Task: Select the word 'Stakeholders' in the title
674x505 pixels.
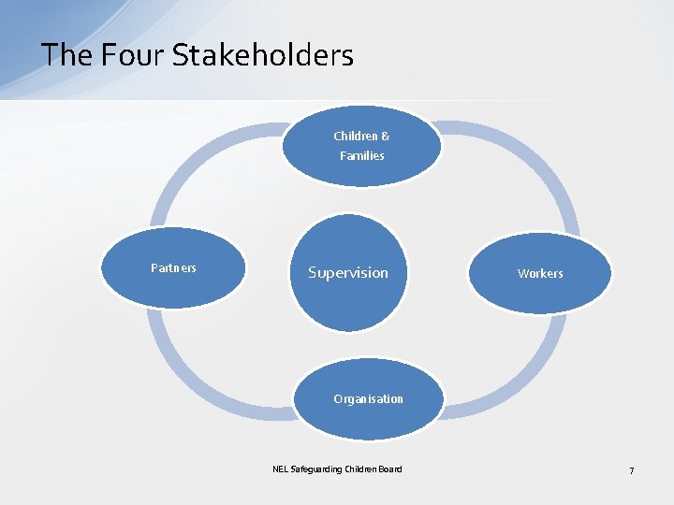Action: tap(262, 55)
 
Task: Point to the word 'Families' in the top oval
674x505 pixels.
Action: tap(361, 156)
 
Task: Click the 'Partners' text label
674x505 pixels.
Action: tap(174, 268)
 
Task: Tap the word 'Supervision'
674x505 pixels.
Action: tap(347, 273)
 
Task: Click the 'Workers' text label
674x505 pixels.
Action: tap(540, 274)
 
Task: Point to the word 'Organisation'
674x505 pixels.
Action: tap(368, 399)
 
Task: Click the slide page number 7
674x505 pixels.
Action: tap(631, 470)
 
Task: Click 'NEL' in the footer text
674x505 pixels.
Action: tap(280, 469)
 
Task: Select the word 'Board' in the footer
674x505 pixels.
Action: tap(390, 469)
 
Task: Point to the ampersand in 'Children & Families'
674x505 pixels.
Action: tap(386, 137)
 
